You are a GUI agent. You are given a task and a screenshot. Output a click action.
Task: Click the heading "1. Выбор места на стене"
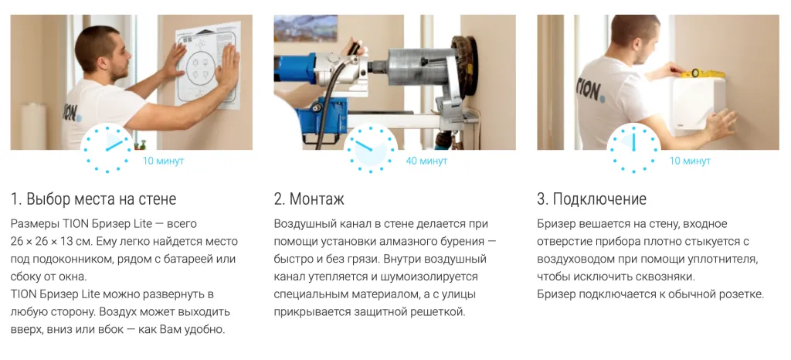(x=93, y=199)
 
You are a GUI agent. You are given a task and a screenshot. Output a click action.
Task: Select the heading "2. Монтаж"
(x=309, y=199)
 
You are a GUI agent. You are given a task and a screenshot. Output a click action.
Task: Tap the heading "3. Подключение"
(x=592, y=199)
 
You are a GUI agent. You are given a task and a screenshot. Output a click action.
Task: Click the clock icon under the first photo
(x=107, y=148)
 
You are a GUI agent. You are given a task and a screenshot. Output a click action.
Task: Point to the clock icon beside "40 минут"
(x=370, y=148)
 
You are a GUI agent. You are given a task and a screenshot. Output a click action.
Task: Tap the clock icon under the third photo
(x=633, y=148)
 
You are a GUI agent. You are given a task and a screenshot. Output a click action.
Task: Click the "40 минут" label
(x=426, y=161)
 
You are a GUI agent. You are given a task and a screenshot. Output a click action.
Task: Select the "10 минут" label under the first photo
(x=163, y=161)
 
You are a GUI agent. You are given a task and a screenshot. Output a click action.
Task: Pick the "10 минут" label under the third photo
(x=690, y=161)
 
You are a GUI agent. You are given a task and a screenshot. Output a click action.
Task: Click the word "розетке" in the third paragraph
(x=735, y=294)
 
